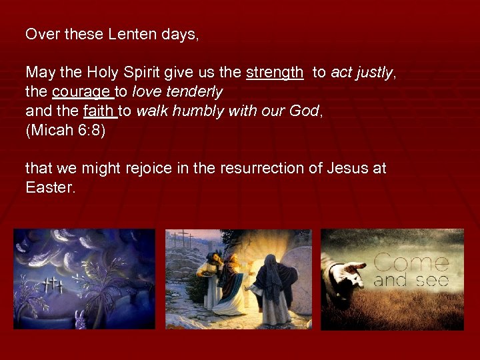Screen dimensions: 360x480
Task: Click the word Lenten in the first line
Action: coord(129,34)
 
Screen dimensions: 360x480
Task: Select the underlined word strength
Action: coord(275,73)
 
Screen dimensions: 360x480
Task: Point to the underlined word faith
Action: coord(100,110)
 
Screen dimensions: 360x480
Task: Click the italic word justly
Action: coord(374,73)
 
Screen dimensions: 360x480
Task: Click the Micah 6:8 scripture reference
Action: coord(65,129)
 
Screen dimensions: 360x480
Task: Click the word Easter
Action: coord(50,187)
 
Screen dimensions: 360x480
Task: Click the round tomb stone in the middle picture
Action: coord(294,267)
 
